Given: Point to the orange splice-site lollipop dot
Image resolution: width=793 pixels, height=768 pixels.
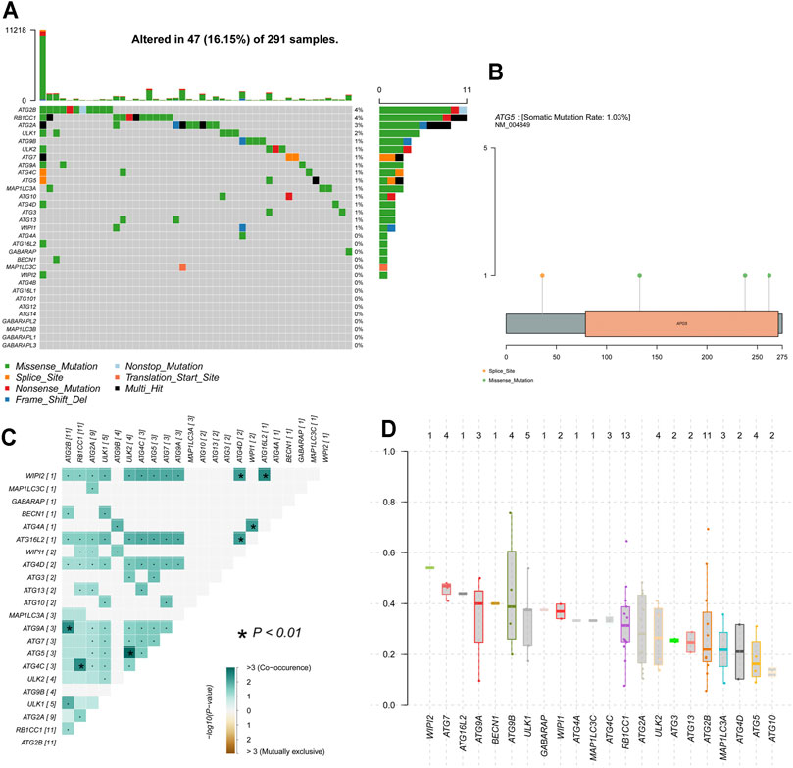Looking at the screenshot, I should (x=542, y=276).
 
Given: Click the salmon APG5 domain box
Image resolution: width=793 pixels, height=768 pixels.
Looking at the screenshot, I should (x=680, y=323).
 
